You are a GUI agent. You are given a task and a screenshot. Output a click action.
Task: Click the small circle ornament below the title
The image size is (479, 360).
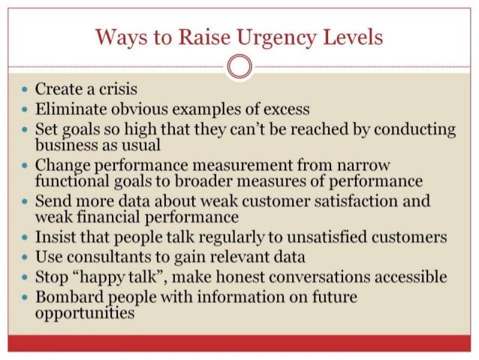coord(239,66)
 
